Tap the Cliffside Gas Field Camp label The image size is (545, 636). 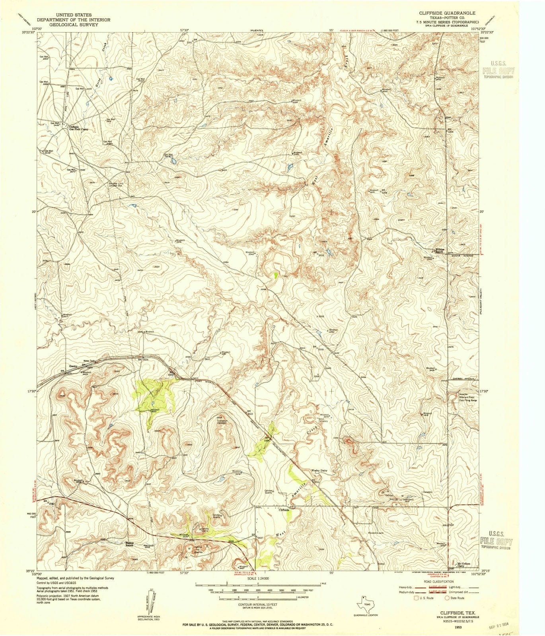click(x=78, y=128)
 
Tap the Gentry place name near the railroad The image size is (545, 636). click(x=73, y=366)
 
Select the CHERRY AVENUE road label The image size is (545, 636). click(x=464, y=379)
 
